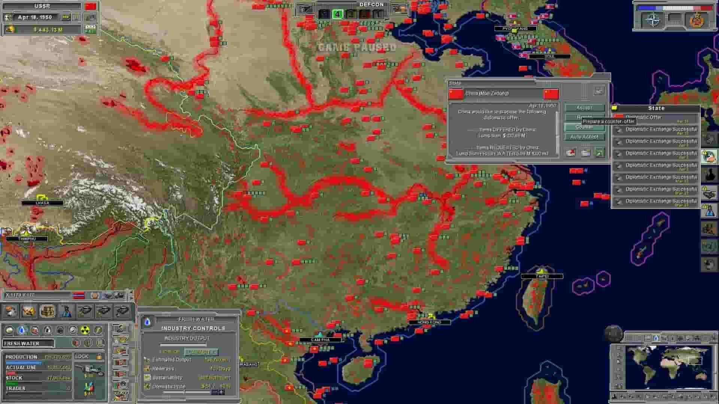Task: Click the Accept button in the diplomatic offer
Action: coord(584,108)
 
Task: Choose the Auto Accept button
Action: coord(584,137)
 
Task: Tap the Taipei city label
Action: coord(542,276)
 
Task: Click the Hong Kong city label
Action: coord(429,322)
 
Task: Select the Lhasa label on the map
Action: coord(42,203)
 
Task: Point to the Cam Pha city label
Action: coord(320,340)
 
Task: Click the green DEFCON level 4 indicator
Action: coord(337,14)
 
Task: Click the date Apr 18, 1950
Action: coord(35,17)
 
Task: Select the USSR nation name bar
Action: coord(42,6)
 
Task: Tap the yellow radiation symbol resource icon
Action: coord(85,330)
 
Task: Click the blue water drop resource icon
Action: coord(22,330)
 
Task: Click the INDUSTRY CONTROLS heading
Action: coord(193,328)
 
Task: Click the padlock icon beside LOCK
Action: coord(99,356)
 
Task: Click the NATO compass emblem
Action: coord(653,20)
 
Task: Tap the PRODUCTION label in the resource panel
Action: coord(21,357)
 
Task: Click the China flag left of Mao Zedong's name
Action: coord(456,94)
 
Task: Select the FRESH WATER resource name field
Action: coord(28,343)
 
